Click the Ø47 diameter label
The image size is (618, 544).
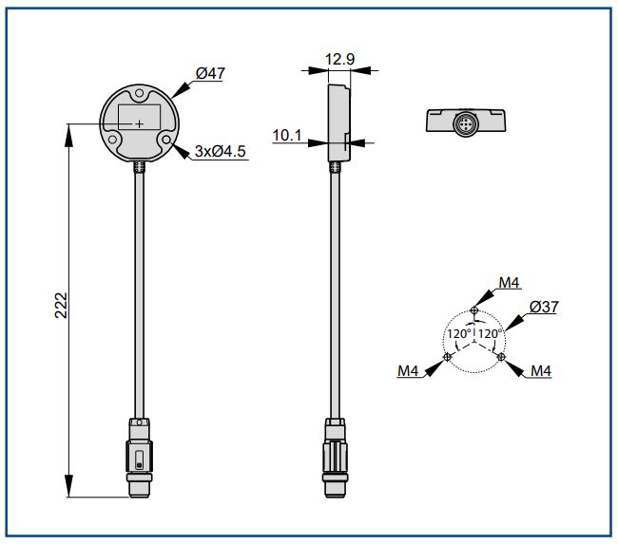[209, 74]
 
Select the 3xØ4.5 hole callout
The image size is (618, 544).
[221, 151]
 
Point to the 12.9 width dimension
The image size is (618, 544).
[339, 60]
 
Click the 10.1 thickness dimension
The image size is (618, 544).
[286, 137]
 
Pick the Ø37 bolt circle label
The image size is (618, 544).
[543, 307]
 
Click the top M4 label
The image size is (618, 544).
[510, 282]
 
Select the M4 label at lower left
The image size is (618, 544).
[408, 371]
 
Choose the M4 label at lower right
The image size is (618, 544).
[541, 371]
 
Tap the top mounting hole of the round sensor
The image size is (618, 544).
[140, 96]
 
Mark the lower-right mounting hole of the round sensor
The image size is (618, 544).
[166, 140]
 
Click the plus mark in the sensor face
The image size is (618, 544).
[140, 123]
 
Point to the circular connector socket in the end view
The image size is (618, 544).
[466, 122]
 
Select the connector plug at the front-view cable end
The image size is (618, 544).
[140, 458]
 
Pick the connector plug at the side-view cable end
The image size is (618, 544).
[335, 458]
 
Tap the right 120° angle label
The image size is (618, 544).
[489, 334]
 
